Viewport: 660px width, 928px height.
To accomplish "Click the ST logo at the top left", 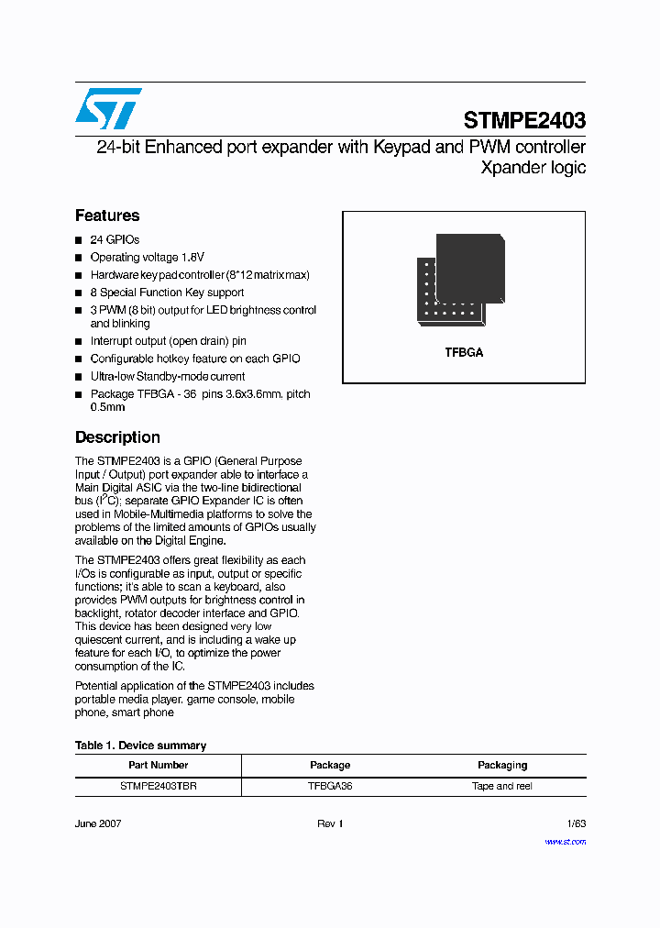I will [x=108, y=109].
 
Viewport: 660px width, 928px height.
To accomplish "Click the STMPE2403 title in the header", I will [x=524, y=120].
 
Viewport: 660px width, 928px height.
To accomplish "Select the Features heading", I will [x=107, y=215].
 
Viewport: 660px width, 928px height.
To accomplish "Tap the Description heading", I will [x=117, y=437].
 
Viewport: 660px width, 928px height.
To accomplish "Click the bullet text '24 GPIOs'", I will [x=115, y=239].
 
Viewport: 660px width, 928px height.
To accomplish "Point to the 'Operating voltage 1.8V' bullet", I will [x=147, y=258].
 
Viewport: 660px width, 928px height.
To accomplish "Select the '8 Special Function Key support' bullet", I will [x=167, y=293].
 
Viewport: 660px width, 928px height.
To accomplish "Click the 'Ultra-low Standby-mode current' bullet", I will [x=167, y=376].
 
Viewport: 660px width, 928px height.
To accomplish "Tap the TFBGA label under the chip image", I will [x=464, y=352].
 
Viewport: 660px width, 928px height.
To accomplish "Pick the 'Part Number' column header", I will [x=158, y=765].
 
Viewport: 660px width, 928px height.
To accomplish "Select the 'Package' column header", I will [x=330, y=765].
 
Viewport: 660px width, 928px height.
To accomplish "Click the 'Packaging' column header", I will [x=502, y=765].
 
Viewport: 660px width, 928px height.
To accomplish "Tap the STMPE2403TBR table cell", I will [x=158, y=786].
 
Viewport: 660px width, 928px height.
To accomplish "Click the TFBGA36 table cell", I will [x=330, y=786].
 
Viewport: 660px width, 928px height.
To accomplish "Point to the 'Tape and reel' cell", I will [x=502, y=786].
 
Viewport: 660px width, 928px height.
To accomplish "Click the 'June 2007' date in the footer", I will [x=98, y=823].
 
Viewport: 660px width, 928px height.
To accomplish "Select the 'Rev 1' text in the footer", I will [x=330, y=823].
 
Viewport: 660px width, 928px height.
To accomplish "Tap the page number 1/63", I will [x=576, y=823].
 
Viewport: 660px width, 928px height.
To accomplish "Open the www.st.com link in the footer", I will [x=566, y=841].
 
